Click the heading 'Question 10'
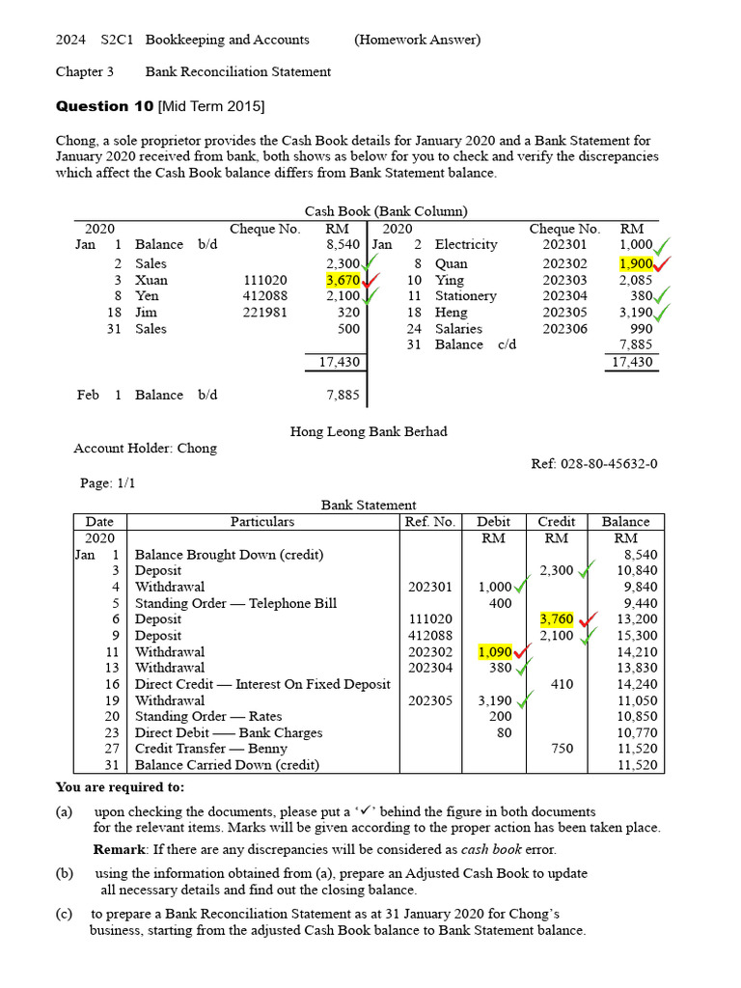click(104, 106)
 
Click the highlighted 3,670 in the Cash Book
click(343, 280)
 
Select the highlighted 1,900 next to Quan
click(636, 263)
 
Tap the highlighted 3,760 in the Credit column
click(557, 619)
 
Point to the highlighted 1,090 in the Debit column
click(495, 652)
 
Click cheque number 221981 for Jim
click(265, 313)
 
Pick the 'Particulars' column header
click(262, 522)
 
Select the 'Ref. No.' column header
click(429, 522)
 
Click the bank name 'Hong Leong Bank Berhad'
click(369, 431)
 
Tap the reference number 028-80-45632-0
click(594, 464)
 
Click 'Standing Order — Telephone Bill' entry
click(235, 603)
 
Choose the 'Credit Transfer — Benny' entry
click(210, 749)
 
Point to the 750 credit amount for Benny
click(562, 749)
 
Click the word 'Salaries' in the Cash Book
click(461, 329)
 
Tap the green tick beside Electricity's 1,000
click(663, 245)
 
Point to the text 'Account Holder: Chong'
click(146, 448)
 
